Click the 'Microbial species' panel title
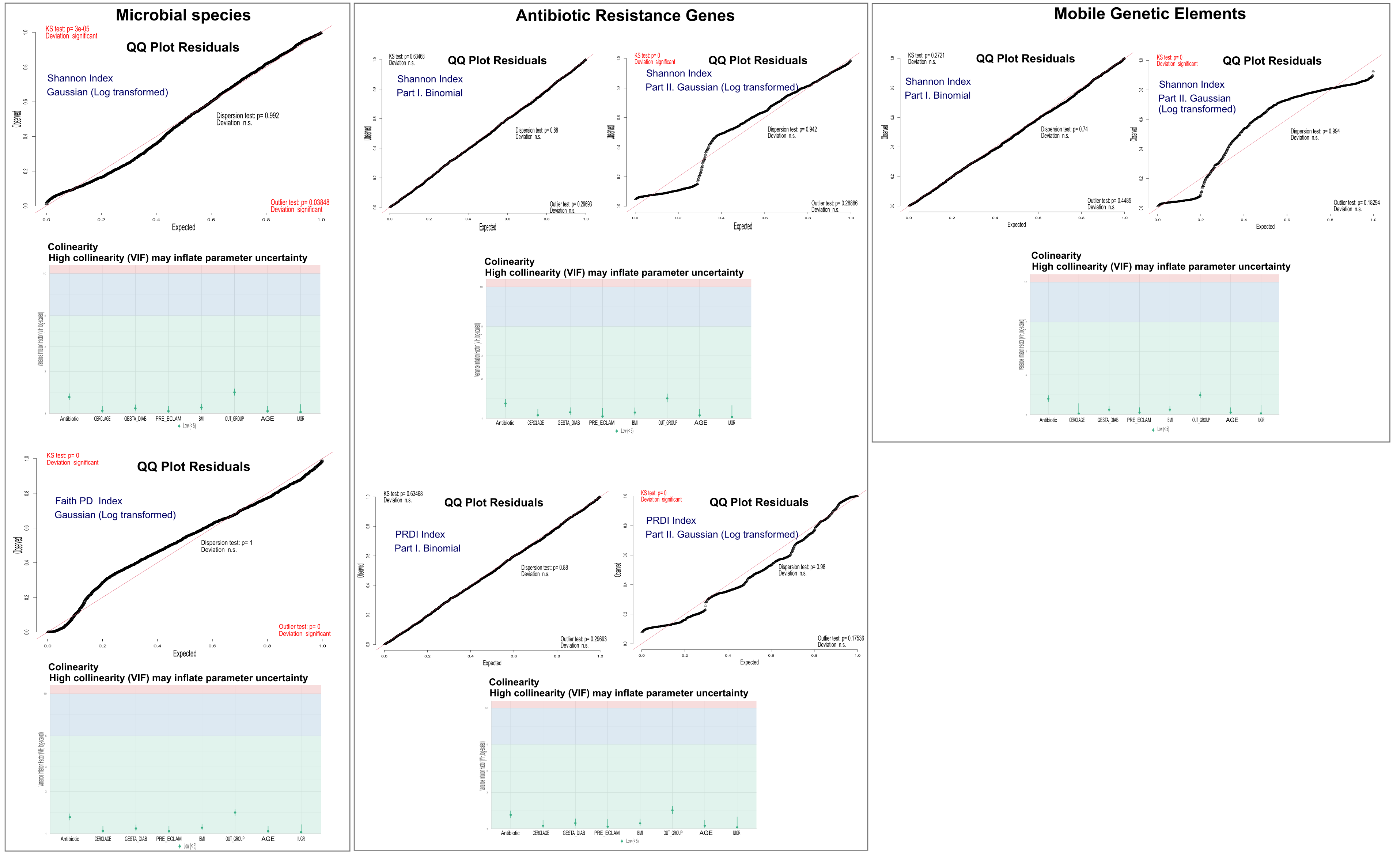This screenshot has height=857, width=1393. pos(183,15)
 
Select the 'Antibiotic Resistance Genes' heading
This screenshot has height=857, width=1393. pos(625,16)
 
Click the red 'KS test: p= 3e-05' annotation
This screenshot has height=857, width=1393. pos(68,29)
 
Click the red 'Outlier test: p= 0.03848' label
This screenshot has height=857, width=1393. pos(300,202)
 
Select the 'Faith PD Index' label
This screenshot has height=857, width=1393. pos(88,501)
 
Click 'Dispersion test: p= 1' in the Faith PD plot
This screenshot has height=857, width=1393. pos(227,543)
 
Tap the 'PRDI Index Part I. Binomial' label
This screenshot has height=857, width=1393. pos(427,541)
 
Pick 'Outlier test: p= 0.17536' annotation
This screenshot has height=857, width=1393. pos(840,638)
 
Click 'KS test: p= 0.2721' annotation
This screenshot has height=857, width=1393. pos(926,56)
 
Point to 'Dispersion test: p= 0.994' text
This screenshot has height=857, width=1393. pos(1315,132)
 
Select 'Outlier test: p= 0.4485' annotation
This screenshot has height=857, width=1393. pos(1109,201)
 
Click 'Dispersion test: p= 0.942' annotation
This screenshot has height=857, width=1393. pos(792,130)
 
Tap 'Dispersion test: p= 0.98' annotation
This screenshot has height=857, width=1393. pos(801,567)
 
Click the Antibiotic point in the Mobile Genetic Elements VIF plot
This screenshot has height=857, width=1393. pos(1048,398)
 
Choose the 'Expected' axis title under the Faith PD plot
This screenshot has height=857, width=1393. pos(185,653)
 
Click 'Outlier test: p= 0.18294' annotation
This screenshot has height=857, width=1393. pos(1356,203)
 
